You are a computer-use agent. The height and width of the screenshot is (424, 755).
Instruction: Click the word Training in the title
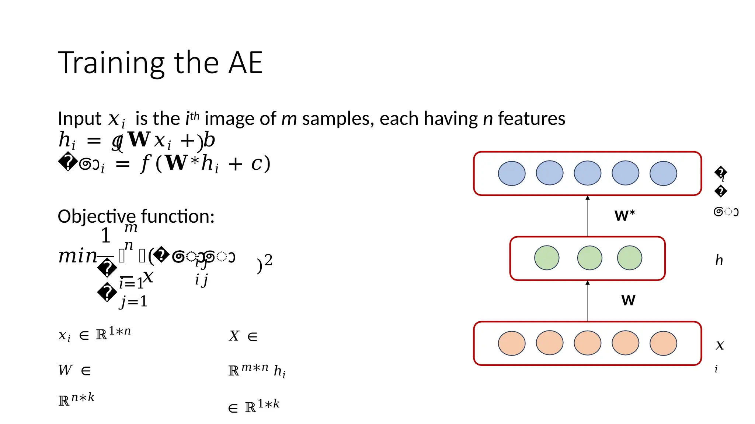point(111,63)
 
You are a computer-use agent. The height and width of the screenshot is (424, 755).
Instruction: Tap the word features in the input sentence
point(532,119)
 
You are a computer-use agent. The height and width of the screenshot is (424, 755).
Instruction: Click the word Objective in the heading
point(97,216)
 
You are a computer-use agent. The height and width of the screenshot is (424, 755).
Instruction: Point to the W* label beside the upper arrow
point(624,215)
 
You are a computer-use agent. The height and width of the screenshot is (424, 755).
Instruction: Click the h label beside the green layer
point(719,260)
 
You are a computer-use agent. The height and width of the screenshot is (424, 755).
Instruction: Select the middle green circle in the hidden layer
point(589,258)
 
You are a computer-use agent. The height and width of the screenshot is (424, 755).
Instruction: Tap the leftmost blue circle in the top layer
point(512,173)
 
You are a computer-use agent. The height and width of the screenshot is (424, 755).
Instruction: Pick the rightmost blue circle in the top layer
point(663,173)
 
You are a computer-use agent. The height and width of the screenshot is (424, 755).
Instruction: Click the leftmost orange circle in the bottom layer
point(512,343)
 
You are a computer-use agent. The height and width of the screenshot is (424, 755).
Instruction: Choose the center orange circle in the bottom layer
point(588,343)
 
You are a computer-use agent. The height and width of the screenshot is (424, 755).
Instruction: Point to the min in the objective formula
point(77,255)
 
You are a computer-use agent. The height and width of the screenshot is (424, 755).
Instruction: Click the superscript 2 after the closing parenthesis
point(268,260)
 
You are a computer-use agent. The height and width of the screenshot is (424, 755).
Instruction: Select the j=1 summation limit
point(133,302)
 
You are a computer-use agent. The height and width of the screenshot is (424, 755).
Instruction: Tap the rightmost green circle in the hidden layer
point(630,258)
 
